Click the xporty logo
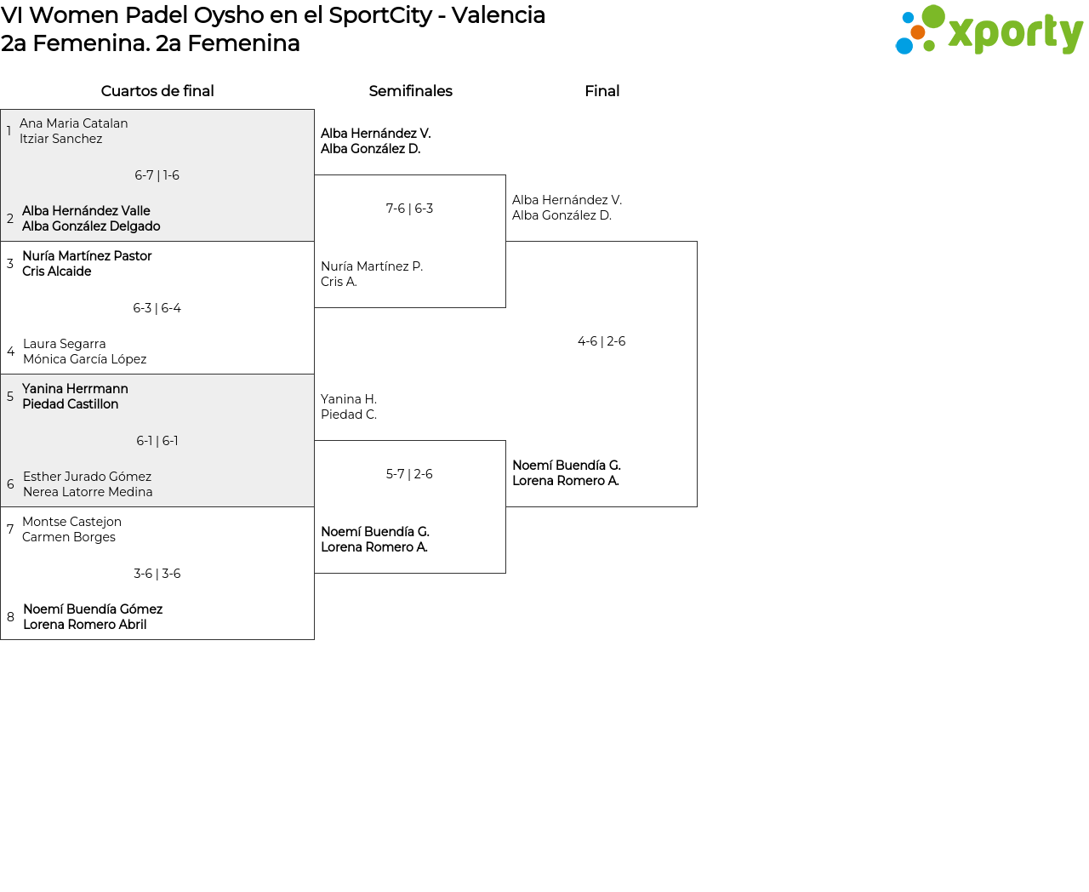coord(989,31)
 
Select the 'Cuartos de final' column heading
coord(157,91)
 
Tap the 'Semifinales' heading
coord(410,91)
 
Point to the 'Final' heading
coord(602,91)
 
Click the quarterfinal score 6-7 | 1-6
coord(157,175)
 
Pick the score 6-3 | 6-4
coord(157,308)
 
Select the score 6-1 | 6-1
coord(157,441)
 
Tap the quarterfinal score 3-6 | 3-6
coord(157,574)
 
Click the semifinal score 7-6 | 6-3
coord(409,209)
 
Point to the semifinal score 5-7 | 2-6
coord(409,474)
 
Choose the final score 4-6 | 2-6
coord(602,341)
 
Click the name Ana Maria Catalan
coord(74,123)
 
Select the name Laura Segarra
coord(65,344)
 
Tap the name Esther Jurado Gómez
coord(87,477)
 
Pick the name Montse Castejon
coord(71,522)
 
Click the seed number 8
coord(10,617)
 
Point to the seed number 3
coord(10,264)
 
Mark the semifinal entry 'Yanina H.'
coord(349,399)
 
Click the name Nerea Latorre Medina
coord(88,492)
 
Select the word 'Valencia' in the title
coord(498,15)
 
